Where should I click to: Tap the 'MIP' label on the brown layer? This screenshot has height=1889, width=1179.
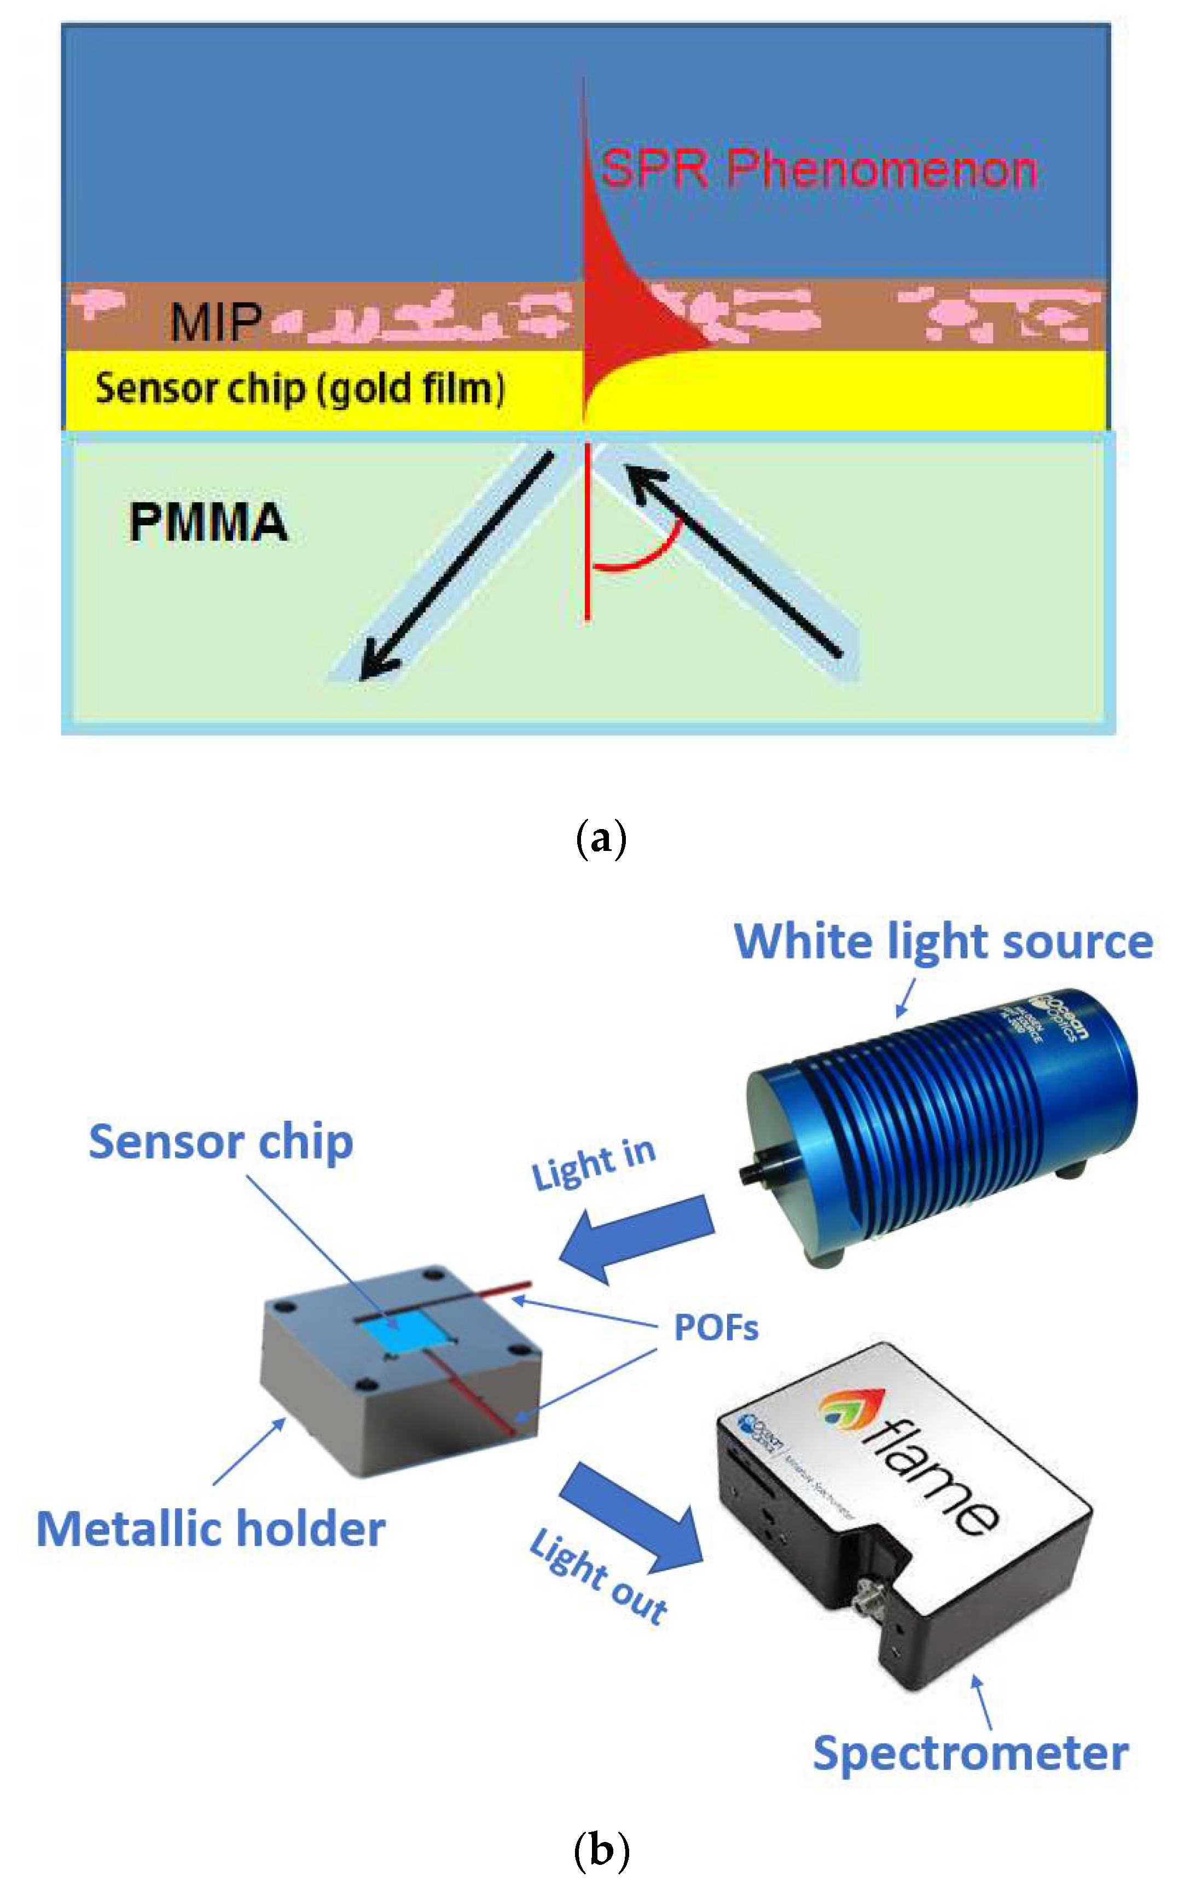click(x=216, y=322)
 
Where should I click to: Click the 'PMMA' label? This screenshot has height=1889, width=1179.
click(x=208, y=523)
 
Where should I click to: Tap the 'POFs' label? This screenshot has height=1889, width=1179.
click(x=715, y=1328)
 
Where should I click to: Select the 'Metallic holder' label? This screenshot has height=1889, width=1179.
click(x=211, y=1529)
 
